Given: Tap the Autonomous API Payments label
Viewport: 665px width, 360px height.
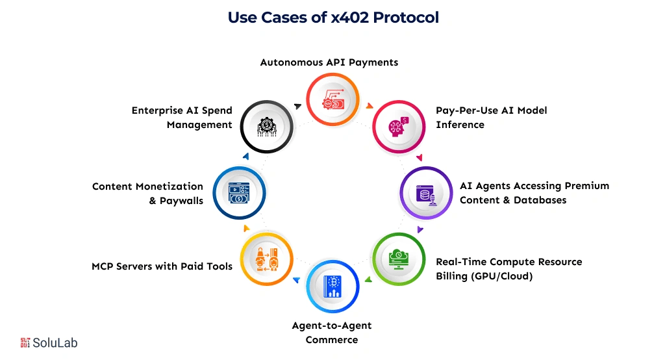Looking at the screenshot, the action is pos(329,62).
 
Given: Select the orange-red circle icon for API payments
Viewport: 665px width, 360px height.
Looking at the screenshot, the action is pos(332,100).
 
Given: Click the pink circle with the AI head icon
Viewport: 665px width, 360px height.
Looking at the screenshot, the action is pos(398,126).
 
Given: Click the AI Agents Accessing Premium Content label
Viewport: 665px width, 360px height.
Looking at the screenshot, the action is pos(534,192).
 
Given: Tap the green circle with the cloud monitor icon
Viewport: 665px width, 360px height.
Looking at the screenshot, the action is pos(398,258).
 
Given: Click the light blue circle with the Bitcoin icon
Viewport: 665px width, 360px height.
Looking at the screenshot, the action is pos(332,285).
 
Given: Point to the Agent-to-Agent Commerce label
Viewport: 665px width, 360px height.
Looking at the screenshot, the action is pos(332,332).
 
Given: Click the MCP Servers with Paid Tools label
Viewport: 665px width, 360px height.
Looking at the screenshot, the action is pos(162,266).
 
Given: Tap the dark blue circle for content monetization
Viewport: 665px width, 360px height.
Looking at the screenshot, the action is pos(239,192).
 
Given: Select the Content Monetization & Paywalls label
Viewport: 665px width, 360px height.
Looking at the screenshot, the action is pos(148,193).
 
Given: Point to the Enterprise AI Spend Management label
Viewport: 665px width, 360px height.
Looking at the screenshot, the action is pos(182,117).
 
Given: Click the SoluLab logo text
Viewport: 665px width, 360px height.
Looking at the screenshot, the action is pos(56,342).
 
